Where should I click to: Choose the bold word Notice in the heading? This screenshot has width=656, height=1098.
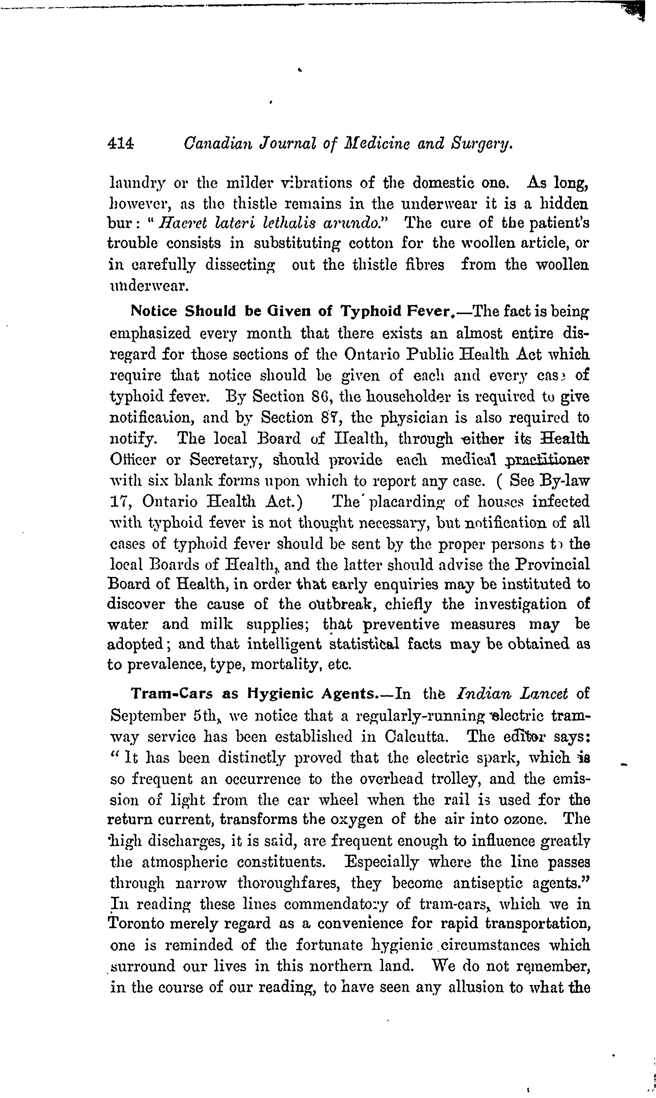154,311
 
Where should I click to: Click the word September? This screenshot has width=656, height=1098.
146,715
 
